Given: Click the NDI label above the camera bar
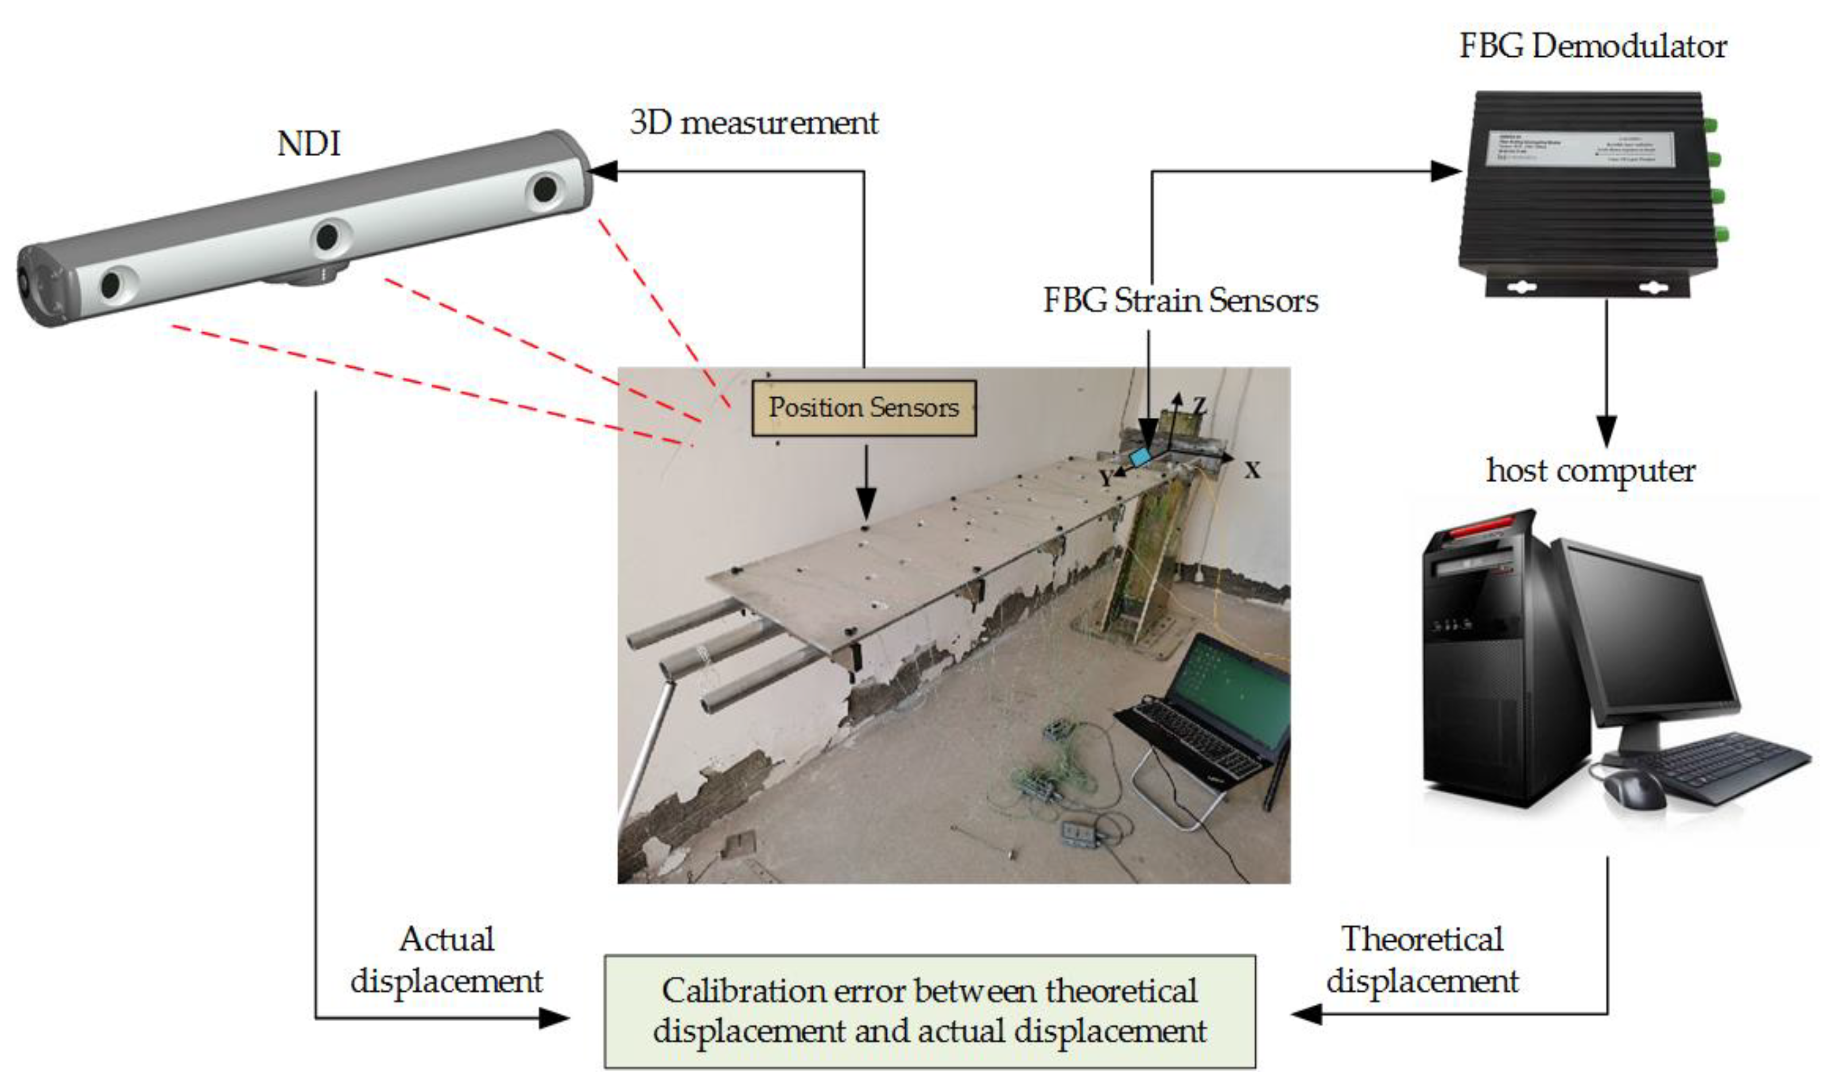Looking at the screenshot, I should click(x=309, y=143).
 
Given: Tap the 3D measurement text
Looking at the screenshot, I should click(x=754, y=122).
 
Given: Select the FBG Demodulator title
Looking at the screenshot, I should click(x=1592, y=46).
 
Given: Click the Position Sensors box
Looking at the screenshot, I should click(x=864, y=408).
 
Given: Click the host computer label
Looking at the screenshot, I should click(x=1591, y=471).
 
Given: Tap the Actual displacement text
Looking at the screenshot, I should click(x=446, y=960).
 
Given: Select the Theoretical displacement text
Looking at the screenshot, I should click(x=1422, y=960).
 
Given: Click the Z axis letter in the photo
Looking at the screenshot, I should click(x=1200, y=405).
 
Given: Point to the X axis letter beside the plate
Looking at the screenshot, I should click(x=1252, y=470).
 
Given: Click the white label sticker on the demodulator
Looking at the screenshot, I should click(x=1580, y=149).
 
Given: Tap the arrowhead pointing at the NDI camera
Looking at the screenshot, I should click(x=603, y=171).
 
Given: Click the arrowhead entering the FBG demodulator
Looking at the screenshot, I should click(x=1444, y=171).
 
